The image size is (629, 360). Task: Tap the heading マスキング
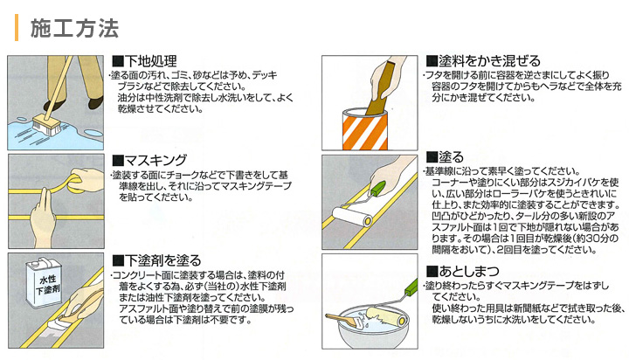[x=157, y=160]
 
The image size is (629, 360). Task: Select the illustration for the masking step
[x=57, y=198]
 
